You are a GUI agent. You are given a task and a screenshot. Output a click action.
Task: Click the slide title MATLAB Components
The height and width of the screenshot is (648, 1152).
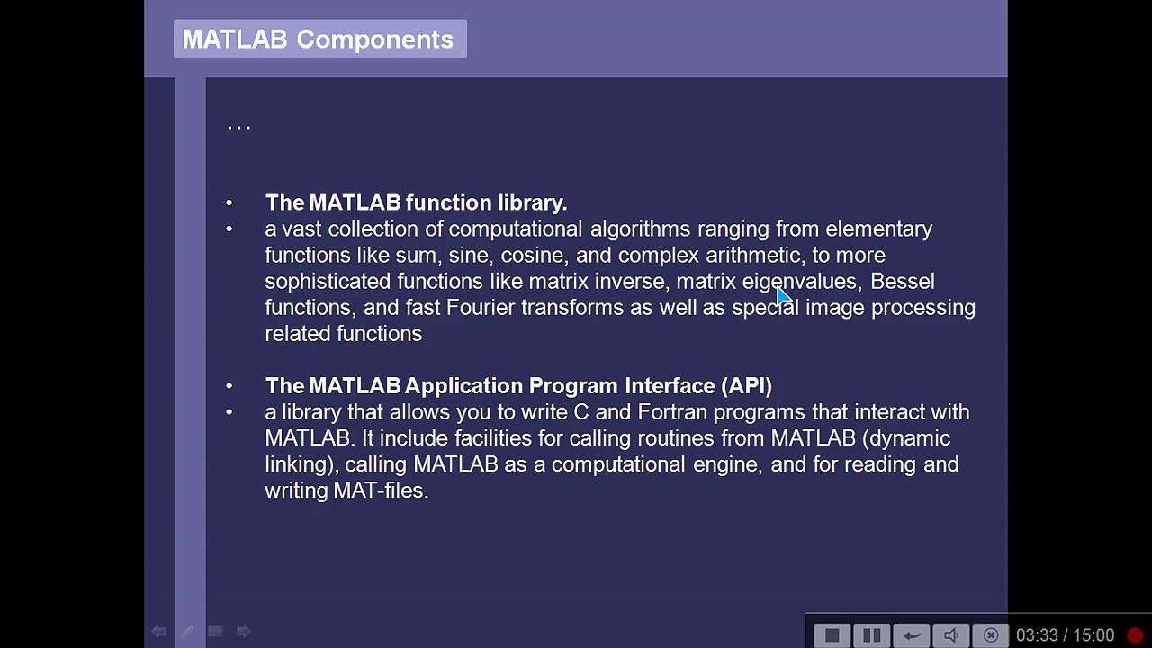[318, 40]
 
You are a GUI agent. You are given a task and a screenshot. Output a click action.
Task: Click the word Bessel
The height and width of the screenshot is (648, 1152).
[902, 282]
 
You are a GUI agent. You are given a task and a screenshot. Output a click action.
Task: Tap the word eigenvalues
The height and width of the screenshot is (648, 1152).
[800, 282]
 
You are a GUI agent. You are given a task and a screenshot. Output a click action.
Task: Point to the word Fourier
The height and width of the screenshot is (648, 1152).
[481, 308]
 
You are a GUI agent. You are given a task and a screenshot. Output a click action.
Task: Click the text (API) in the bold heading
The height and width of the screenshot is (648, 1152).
[746, 386]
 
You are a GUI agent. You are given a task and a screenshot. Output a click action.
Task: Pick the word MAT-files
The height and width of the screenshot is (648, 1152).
[381, 490]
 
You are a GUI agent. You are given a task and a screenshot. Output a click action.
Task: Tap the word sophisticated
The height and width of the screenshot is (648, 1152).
[328, 282]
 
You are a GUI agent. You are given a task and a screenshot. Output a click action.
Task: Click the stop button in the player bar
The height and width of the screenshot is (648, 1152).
[832, 635]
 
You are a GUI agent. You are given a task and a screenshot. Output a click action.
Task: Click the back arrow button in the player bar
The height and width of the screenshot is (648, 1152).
[911, 635]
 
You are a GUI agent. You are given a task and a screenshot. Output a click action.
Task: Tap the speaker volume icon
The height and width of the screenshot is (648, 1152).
[951, 635]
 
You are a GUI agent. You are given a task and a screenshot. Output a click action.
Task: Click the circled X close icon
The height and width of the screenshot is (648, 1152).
[991, 635]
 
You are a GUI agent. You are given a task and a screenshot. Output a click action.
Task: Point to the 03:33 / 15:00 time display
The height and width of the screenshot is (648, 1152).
[1065, 635]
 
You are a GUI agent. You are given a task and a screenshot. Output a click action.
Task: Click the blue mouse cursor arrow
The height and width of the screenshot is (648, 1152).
[782, 296]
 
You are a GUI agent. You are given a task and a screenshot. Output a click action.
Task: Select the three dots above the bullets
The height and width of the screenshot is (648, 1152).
[238, 128]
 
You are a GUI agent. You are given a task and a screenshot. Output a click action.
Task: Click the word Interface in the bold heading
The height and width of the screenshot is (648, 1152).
[670, 386]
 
